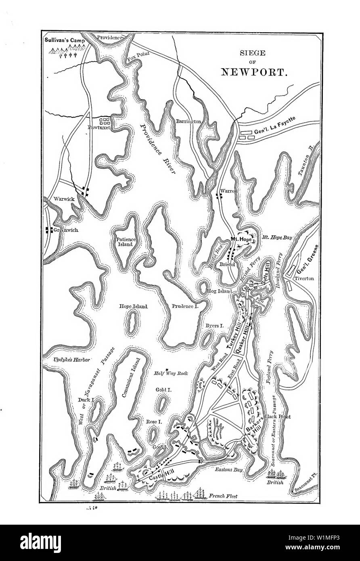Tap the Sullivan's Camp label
coord(65,40)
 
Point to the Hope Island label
coord(133,306)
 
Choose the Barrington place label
coord(188,121)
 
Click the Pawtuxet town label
coord(100,130)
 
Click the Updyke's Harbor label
coord(71,359)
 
